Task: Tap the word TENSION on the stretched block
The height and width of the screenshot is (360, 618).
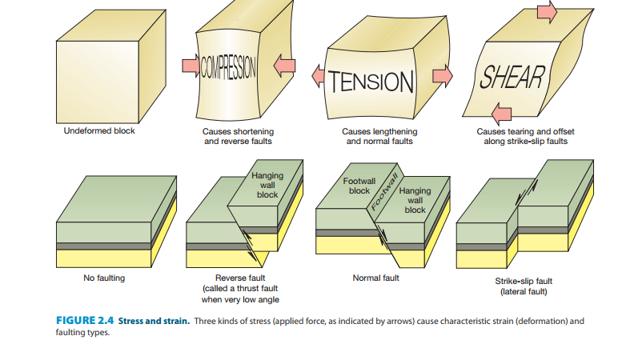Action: (375, 81)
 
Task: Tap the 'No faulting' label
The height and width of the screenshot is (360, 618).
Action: (104, 278)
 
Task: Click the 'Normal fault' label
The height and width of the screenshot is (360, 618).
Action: (375, 278)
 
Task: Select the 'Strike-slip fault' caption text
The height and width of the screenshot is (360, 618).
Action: (524, 281)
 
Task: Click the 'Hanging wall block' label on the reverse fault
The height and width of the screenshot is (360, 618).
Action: (267, 185)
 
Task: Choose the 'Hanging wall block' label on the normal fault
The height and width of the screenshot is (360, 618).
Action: (415, 200)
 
